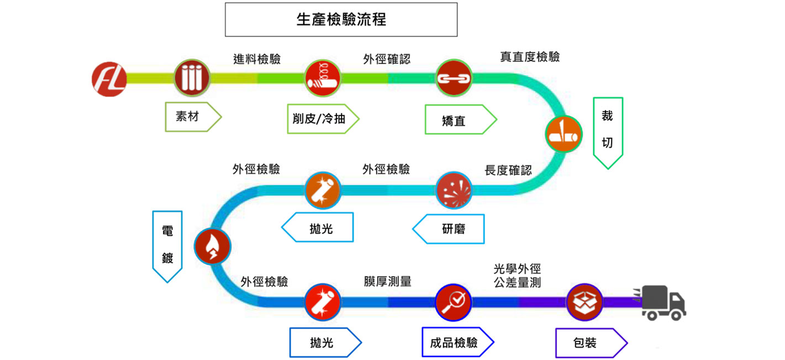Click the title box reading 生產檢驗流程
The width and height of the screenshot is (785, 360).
click(341, 20)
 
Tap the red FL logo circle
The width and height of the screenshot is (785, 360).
click(109, 78)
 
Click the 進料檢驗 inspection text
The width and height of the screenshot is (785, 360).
click(257, 59)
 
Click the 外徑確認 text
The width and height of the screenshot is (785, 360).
click(387, 59)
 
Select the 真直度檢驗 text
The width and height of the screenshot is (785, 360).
click(530, 57)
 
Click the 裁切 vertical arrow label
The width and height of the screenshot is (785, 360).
click(608, 131)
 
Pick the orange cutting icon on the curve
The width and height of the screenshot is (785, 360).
click(564, 134)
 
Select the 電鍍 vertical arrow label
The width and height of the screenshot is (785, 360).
click(167, 245)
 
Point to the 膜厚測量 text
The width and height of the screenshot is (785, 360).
click(387, 282)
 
